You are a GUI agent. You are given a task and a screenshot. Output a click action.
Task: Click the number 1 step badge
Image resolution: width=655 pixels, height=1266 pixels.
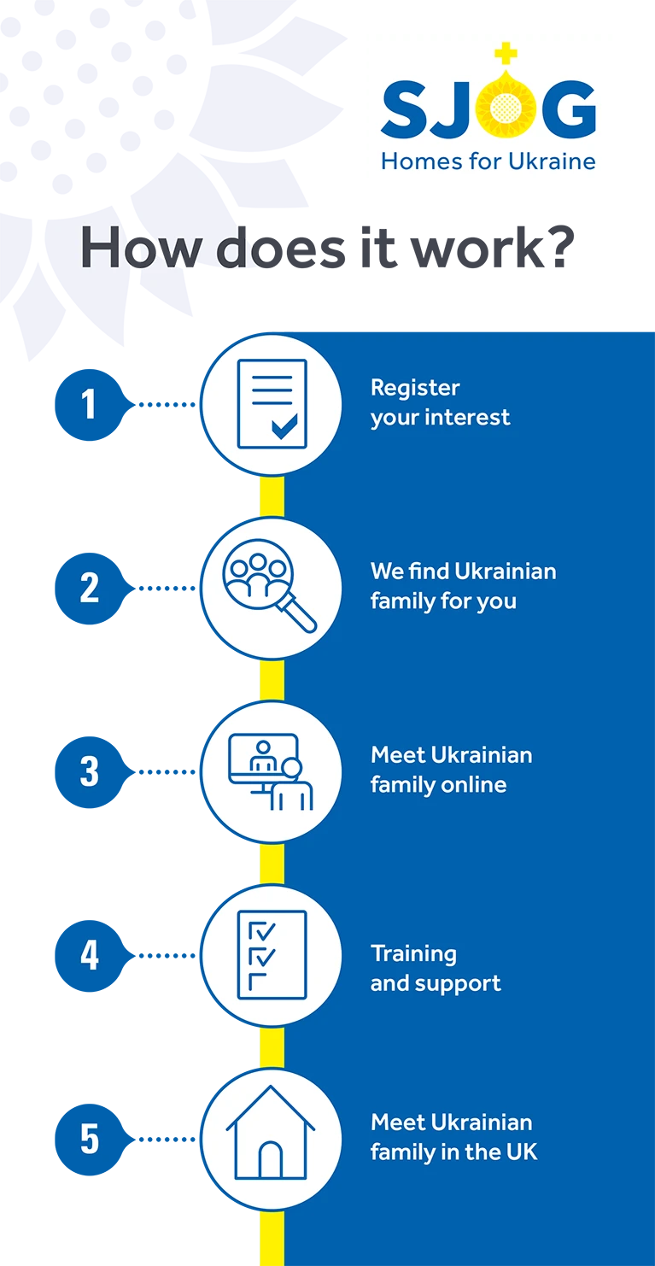91,405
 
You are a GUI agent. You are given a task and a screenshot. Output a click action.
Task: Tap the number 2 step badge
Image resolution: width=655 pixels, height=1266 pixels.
91,589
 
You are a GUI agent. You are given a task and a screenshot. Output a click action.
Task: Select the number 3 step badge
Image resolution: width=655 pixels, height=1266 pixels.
91,772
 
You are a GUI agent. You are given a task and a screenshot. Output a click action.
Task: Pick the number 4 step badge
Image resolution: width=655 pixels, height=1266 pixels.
91,956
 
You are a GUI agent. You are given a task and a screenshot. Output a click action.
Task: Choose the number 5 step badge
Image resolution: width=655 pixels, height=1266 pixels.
91,1140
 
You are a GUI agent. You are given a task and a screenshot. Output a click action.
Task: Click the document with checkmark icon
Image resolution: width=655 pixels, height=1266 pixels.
272,403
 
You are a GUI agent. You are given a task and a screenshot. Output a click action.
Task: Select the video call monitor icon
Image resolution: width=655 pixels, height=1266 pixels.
270,772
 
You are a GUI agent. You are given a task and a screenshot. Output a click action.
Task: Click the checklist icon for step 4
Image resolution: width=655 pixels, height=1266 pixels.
272,955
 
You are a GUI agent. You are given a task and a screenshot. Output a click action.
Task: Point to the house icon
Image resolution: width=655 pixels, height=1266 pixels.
271,1132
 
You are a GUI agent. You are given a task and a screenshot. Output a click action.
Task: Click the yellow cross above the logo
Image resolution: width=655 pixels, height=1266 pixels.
506,53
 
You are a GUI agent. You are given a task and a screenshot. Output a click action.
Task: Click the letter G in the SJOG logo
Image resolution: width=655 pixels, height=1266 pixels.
568,109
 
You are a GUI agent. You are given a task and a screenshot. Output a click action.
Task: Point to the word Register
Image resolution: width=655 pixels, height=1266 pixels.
415,389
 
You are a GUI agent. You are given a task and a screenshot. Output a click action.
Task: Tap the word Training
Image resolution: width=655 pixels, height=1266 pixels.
413,954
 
